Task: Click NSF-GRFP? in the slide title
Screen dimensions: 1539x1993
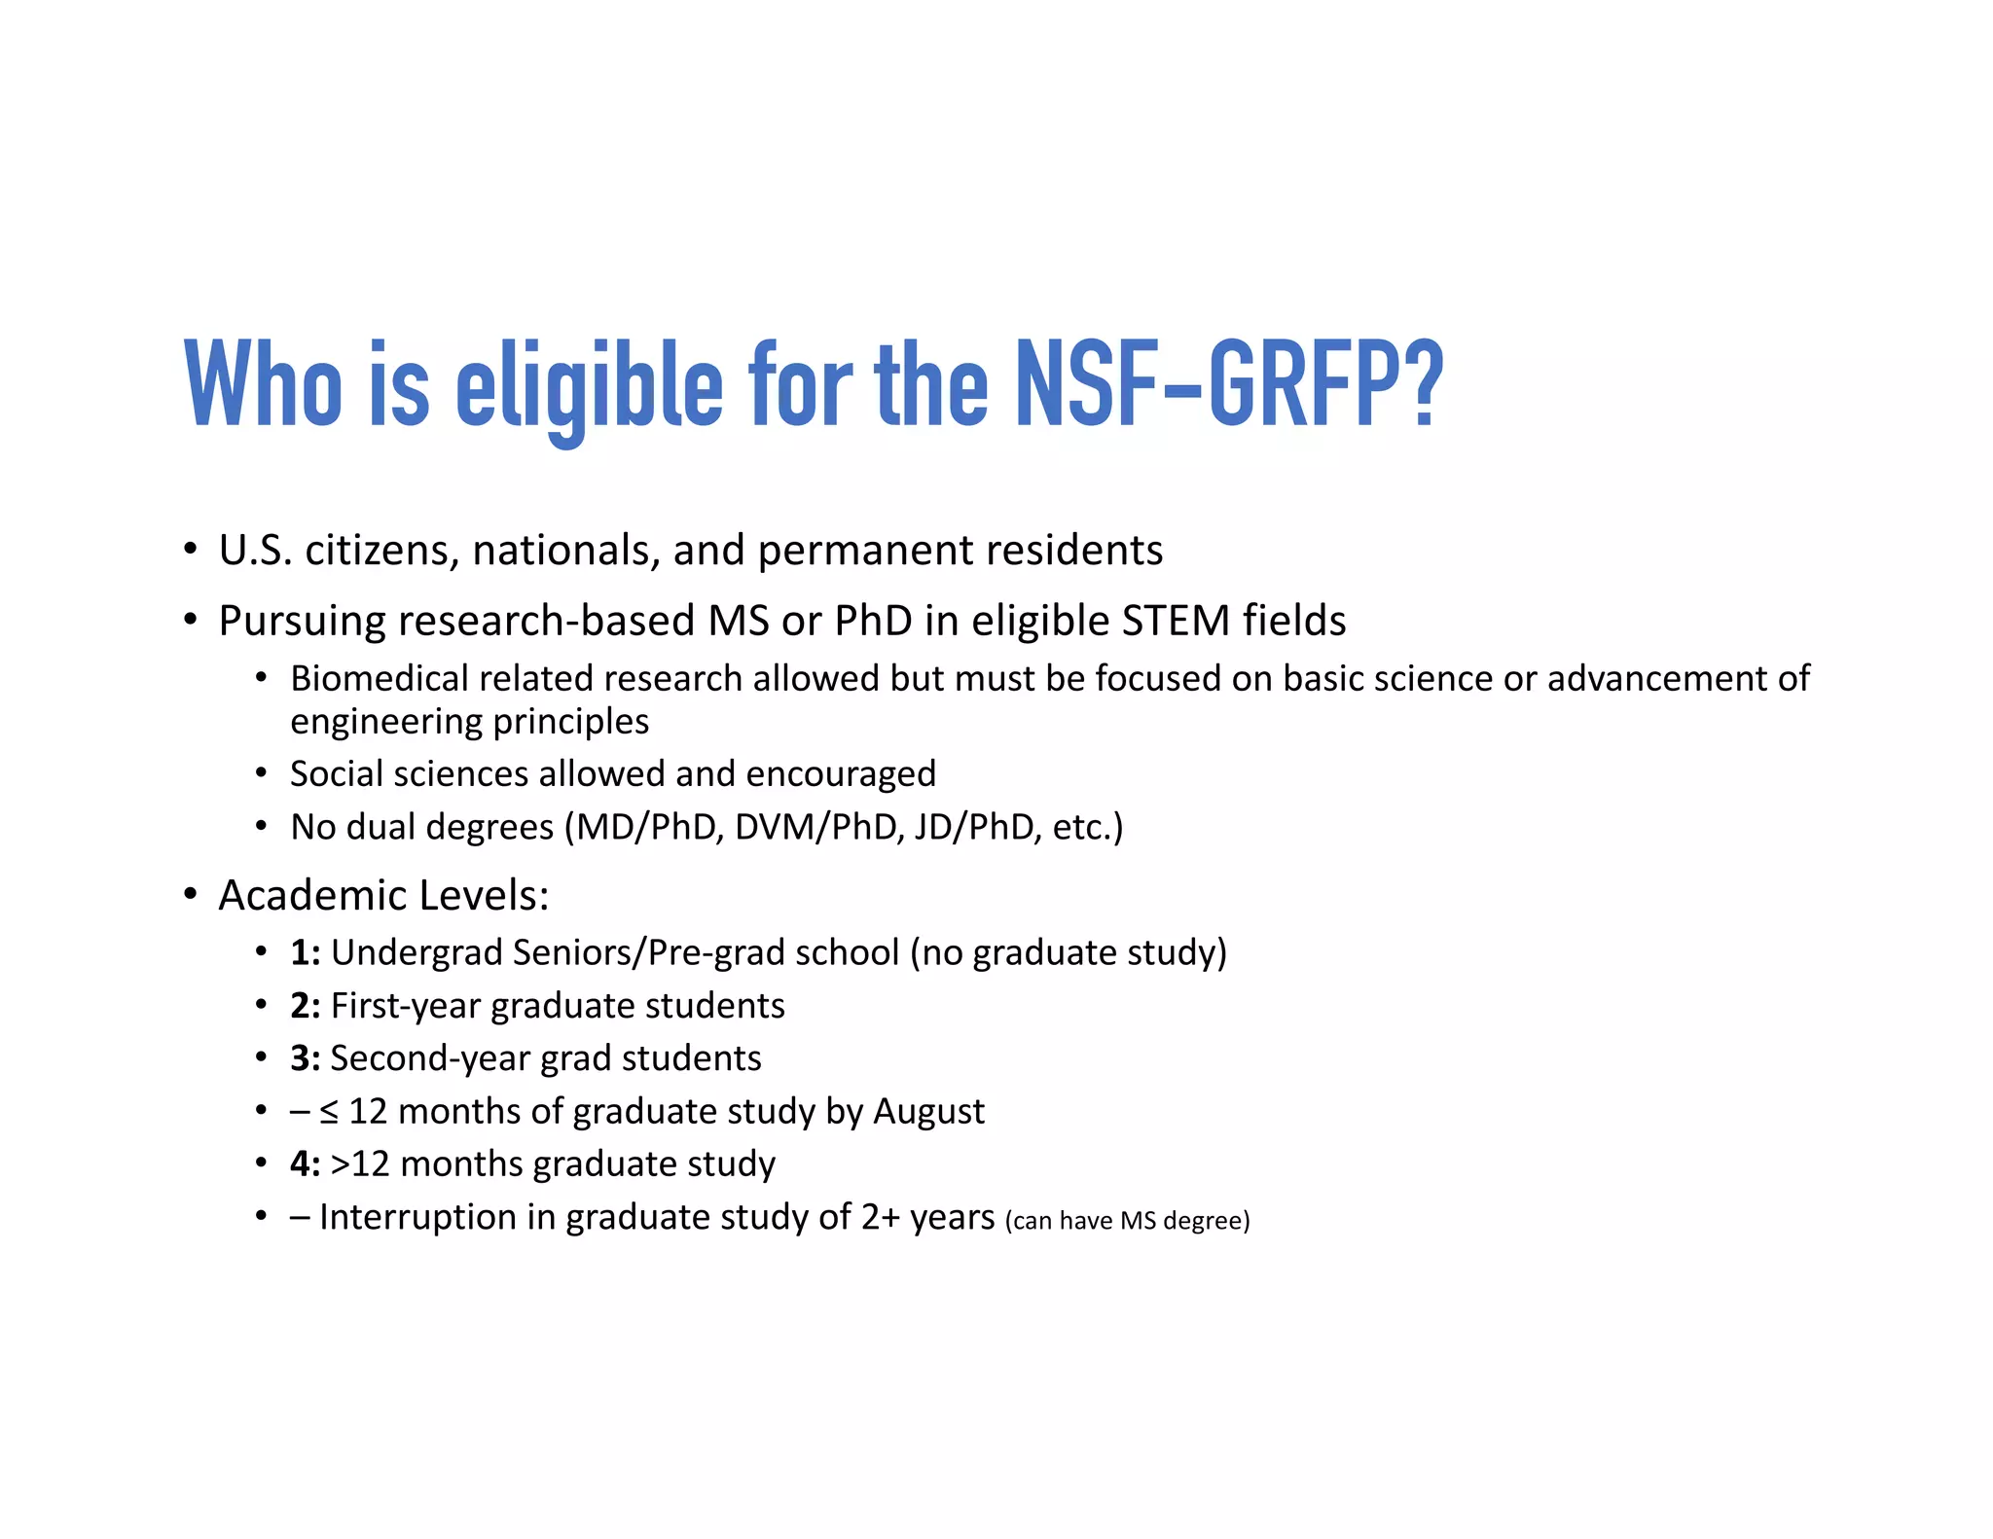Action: (x=1229, y=385)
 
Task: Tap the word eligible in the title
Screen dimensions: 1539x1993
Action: (x=589, y=385)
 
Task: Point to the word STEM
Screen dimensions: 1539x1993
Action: (x=1176, y=621)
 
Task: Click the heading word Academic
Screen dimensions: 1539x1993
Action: (x=312, y=895)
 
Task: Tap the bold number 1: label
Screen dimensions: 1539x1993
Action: (x=305, y=952)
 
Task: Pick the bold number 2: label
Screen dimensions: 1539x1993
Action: (x=305, y=1006)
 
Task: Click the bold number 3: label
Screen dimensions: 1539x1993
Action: (x=305, y=1058)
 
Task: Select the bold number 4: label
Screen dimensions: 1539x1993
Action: (x=305, y=1164)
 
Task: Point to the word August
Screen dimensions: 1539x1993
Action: (x=928, y=1112)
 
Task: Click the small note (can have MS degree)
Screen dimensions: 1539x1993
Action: (x=1127, y=1221)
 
